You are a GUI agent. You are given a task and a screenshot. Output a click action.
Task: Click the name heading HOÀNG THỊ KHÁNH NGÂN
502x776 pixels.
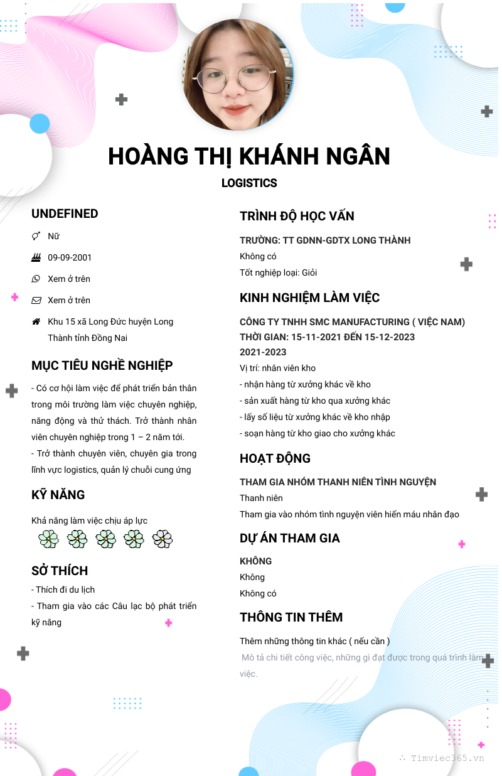(249, 156)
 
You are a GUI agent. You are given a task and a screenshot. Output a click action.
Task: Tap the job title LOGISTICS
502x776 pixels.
(249, 183)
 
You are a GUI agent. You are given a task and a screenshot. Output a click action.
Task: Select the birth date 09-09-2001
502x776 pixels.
(70, 257)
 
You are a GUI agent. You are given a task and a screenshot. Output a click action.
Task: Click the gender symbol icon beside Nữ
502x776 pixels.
(36, 236)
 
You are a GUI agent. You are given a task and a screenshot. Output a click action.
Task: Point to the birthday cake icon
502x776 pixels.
(36, 257)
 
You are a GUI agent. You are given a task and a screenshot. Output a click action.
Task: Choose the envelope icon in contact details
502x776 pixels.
(36, 300)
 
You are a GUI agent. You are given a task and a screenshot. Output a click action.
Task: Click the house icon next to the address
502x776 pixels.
(36, 321)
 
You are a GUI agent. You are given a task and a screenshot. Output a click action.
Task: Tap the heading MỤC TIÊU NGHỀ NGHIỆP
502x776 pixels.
(102, 365)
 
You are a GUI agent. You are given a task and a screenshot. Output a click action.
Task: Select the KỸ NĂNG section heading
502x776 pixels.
(58, 495)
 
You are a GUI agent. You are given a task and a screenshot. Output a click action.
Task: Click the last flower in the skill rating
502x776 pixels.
(163, 539)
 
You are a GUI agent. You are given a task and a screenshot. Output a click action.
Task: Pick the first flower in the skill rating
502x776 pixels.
(48, 539)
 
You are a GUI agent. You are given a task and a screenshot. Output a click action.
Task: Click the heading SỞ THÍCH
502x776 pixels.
(60, 571)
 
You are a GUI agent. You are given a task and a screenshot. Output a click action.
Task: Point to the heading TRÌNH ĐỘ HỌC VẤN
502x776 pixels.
(297, 216)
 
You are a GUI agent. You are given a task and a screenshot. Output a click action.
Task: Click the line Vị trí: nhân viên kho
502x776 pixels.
(277, 368)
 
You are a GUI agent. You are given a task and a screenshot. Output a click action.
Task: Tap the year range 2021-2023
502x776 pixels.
(263, 352)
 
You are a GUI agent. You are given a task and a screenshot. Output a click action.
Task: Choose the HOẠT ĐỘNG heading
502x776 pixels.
(275, 458)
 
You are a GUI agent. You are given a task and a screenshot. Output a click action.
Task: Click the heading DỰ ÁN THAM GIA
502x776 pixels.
(289, 538)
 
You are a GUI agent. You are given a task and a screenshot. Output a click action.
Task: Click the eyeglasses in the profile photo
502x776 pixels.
(237, 79)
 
